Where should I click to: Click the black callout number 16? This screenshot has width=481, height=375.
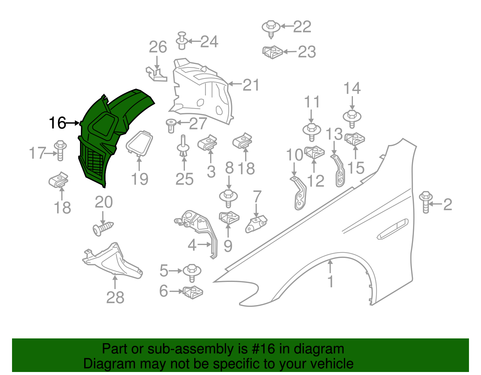point(57,123)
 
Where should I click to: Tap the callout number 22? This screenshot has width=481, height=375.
point(302,27)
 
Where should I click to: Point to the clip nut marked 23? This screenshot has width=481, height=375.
point(272,52)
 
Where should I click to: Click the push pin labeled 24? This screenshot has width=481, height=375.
point(181,41)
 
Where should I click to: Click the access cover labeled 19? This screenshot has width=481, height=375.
point(139,143)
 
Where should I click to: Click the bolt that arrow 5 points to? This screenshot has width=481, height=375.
point(192,272)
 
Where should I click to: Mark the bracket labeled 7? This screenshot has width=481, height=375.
point(256,224)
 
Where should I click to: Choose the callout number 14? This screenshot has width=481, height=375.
point(352,89)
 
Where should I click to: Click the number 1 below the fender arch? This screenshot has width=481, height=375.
point(330,282)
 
